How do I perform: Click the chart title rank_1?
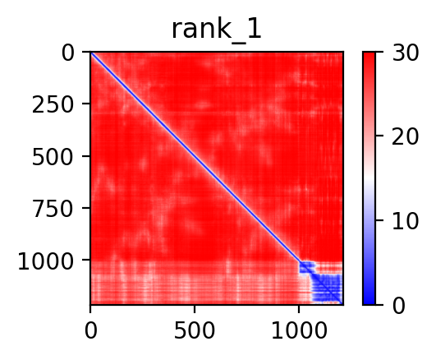[217, 30]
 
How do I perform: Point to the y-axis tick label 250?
[53, 105]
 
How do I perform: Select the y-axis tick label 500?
[53, 158]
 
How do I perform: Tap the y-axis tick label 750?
[53, 210]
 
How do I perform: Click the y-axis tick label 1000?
[46, 261]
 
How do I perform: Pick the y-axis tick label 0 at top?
[68, 53]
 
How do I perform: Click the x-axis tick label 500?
[195, 331]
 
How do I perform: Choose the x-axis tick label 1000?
[299, 331]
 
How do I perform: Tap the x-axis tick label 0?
[91, 331]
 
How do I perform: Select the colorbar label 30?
[405, 53]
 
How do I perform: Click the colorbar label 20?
[405, 136]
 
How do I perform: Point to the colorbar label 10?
[405, 222]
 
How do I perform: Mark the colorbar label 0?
[399, 307]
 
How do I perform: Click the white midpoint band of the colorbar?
[369, 178]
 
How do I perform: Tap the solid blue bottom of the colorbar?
[369, 300]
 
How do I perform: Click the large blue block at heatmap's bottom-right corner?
[327, 288]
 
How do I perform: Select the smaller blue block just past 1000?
[307, 267]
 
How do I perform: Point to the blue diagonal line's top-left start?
[91, 53]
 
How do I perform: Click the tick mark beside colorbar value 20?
[379, 136]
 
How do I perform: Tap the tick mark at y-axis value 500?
[86, 156]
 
